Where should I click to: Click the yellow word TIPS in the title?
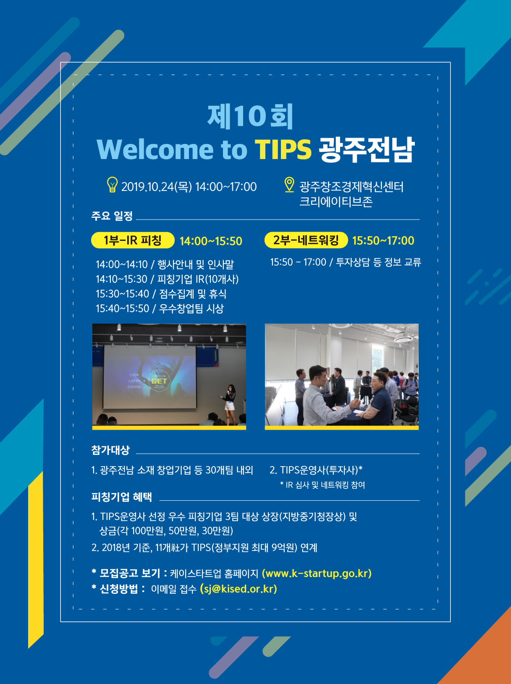point(283,149)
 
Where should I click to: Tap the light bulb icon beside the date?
point(112,185)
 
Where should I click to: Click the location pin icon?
point(289,185)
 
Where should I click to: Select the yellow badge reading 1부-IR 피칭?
point(133,240)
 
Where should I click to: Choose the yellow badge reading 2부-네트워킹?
point(306,240)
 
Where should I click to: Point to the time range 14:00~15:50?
point(211,241)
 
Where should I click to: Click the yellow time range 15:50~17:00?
point(383,240)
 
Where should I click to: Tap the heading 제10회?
point(250,117)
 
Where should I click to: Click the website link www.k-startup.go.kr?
point(317,573)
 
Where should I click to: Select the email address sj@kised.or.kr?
point(238,589)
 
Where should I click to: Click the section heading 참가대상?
point(110,450)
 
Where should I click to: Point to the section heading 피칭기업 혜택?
point(122,497)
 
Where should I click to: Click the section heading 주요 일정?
point(112,216)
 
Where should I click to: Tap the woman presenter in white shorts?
point(230,405)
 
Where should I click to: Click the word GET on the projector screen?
point(159,381)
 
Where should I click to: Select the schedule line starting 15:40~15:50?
point(160,308)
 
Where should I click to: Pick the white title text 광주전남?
point(367,149)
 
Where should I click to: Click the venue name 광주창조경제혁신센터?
point(351,187)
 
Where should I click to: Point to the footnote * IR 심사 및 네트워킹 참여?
point(322,485)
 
